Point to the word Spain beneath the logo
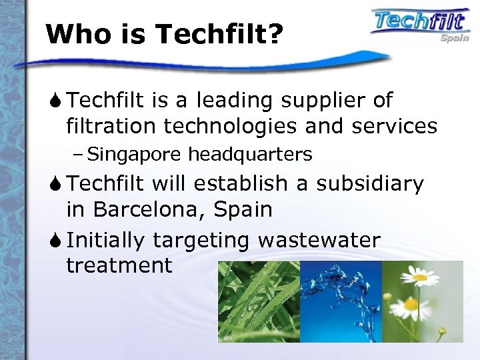[453, 37]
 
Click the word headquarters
[250, 155]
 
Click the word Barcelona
[149, 209]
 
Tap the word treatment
[119, 265]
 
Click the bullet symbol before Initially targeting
[56, 239]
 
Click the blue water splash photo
[341, 301]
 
